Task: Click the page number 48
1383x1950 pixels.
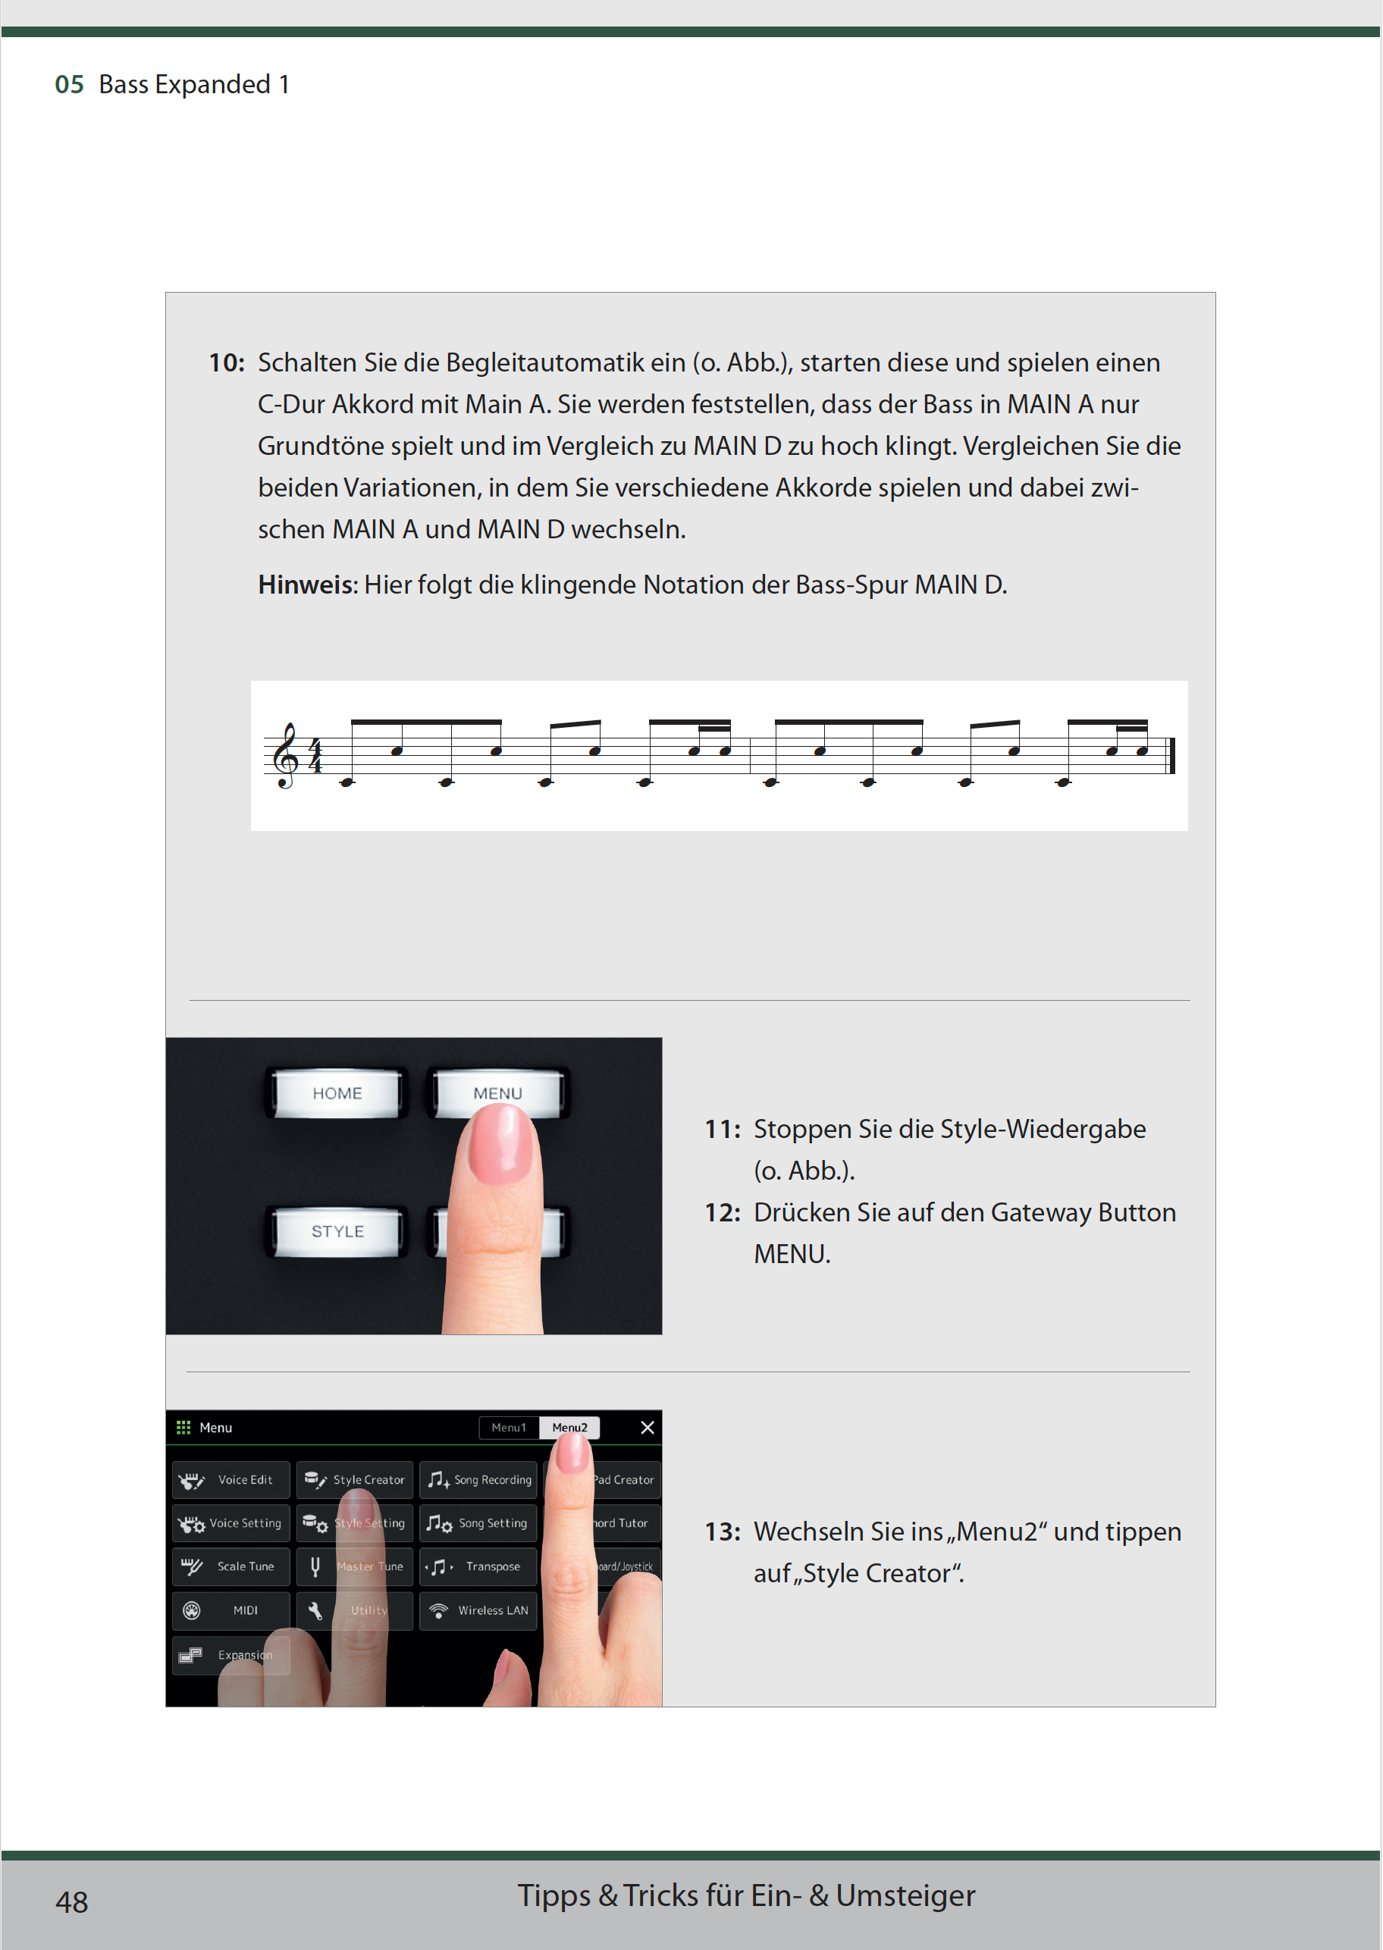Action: point(71,1901)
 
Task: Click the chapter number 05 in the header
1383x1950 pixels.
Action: point(69,84)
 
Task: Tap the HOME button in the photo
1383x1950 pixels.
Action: point(337,1093)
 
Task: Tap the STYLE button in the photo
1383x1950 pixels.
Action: point(337,1231)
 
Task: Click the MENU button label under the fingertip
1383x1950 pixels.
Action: point(497,1093)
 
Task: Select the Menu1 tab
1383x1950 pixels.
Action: point(509,1427)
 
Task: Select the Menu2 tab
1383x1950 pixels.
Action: point(569,1427)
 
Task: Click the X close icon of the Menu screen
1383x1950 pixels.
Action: point(648,1427)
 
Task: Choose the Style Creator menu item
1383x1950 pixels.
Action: point(355,1480)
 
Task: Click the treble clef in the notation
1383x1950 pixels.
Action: point(286,756)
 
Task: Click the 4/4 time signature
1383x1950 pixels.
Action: point(316,756)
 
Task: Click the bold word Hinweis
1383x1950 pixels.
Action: point(305,585)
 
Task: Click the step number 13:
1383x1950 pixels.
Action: point(722,1532)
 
